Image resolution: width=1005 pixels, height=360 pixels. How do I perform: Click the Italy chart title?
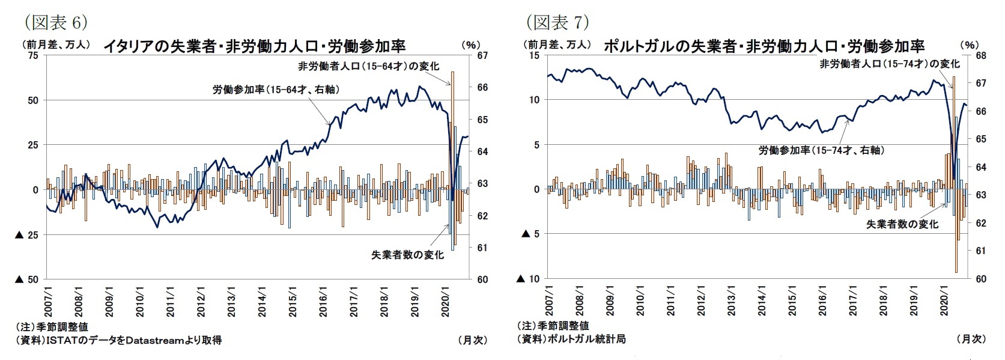pos(255,46)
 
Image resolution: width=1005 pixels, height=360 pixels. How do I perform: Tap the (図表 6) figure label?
pos(56,23)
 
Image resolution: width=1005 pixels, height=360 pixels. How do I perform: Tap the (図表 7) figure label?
pos(557,23)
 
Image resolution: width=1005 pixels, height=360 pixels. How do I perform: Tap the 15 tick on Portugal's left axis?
pos(533,55)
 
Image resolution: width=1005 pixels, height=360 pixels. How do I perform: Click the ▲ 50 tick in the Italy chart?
pos(26,279)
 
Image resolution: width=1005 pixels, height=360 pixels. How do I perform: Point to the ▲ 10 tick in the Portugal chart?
pos(529,279)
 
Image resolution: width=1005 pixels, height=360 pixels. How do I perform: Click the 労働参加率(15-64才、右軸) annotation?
pos(276,90)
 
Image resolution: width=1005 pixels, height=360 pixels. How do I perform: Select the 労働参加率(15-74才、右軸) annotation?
pos(821,150)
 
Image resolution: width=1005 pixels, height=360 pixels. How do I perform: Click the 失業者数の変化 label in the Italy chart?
pos(407,255)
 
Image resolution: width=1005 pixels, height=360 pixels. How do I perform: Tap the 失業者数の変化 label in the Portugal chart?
pos(902,224)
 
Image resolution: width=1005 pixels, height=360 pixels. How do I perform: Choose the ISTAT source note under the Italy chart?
pos(119,340)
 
